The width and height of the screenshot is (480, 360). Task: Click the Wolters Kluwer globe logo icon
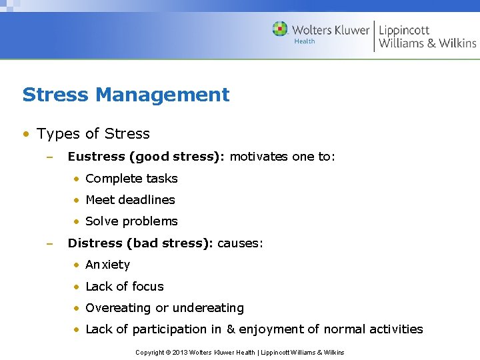pyautogui.click(x=280, y=29)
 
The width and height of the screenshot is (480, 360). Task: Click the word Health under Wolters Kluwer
pyautogui.click(x=305, y=41)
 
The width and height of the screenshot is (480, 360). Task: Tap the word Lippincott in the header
pyautogui.click(x=404, y=29)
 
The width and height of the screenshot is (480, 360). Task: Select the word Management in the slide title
pyautogui.click(x=162, y=95)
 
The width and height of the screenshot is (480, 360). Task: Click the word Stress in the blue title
pyautogui.click(x=55, y=95)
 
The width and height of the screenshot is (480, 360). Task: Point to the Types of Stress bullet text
pyautogui.click(x=93, y=134)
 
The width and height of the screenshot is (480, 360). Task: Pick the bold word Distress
pyautogui.click(x=95, y=243)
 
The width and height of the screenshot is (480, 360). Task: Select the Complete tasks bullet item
pyautogui.click(x=131, y=179)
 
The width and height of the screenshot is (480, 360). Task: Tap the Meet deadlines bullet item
pyautogui.click(x=130, y=200)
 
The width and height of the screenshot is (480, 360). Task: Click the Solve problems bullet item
pyautogui.click(x=131, y=221)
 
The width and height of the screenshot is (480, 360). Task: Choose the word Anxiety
pyautogui.click(x=108, y=265)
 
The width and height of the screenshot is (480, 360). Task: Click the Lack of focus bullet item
pyautogui.click(x=125, y=287)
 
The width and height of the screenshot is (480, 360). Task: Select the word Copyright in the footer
pyautogui.click(x=150, y=352)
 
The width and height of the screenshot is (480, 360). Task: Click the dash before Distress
pyautogui.click(x=49, y=243)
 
